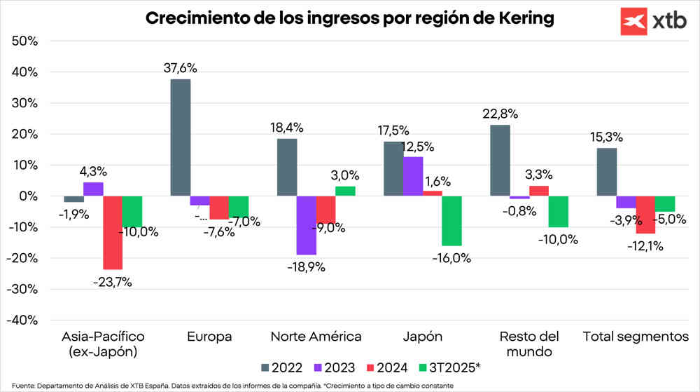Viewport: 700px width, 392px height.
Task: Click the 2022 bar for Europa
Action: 181,137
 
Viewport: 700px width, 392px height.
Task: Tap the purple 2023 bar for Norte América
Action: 306,225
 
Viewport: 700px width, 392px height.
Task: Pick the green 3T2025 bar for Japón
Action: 452,221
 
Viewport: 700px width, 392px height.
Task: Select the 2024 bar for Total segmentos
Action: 645,215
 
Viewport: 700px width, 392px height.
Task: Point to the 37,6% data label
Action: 180,68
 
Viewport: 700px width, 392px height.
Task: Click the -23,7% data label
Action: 112,282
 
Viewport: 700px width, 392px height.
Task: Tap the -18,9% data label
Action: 305,266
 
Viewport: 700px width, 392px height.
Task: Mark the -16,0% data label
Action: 451,257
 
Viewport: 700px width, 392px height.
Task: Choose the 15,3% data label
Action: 607,137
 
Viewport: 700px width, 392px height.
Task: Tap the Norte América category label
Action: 316,337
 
